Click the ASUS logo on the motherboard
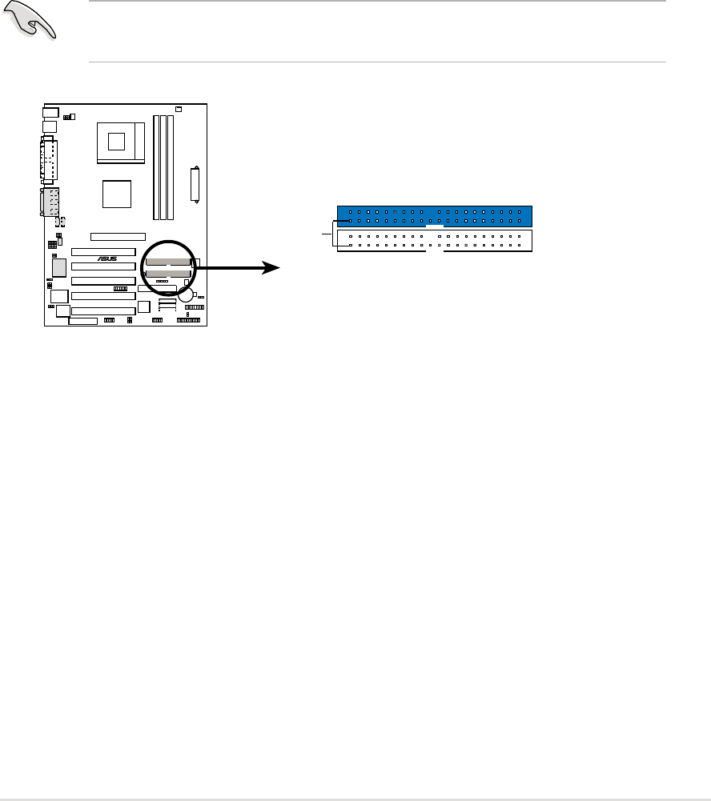coord(107,258)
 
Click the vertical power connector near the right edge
coord(195,184)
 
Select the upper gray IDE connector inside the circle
coord(168,262)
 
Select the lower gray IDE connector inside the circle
coord(168,274)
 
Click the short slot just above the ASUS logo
coord(118,237)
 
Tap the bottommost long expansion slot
coord(102,310)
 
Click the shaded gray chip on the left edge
coord(59,267)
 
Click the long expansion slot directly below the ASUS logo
coord(102,266)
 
